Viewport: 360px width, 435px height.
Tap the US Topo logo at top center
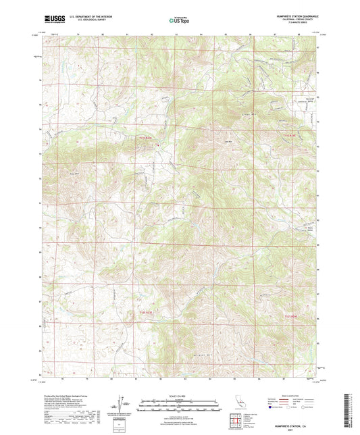click(179, 20)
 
